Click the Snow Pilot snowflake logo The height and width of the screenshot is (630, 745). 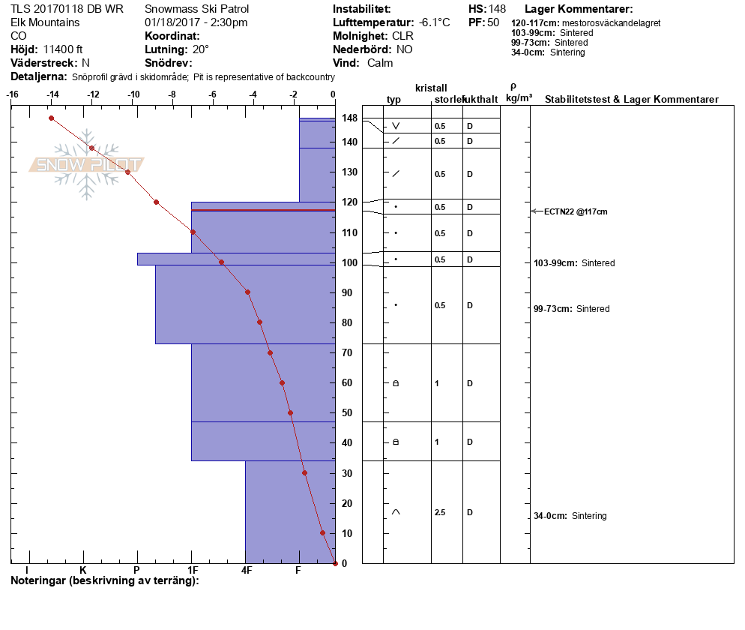[86, 164]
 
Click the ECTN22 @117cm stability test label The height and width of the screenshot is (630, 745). [576, 212]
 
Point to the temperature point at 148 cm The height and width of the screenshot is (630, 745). [51, 118]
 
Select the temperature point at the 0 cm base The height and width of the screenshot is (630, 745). [335, 563]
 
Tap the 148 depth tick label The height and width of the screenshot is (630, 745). [349, 118]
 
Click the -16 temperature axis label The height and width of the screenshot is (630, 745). [12, 94]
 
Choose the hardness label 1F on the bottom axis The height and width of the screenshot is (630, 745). [193, 570]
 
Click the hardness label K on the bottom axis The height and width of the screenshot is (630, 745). [83, 570]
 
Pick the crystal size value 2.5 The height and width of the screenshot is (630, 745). [440, 512]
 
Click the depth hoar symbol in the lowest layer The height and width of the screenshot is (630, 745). [396, 512]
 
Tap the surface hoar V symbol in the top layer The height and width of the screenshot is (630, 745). [396, 126]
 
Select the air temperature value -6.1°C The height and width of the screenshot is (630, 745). [434, 22]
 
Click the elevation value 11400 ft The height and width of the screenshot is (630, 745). [63, 49]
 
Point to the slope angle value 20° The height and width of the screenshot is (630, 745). [201, 49]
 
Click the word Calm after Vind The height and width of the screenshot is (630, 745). [380, 63]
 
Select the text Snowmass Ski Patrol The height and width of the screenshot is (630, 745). [196, 9]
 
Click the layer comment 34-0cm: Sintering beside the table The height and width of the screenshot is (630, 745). [570, 516]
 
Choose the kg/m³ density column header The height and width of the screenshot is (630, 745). [519, 98]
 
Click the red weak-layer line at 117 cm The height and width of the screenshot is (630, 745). [263, 210]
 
